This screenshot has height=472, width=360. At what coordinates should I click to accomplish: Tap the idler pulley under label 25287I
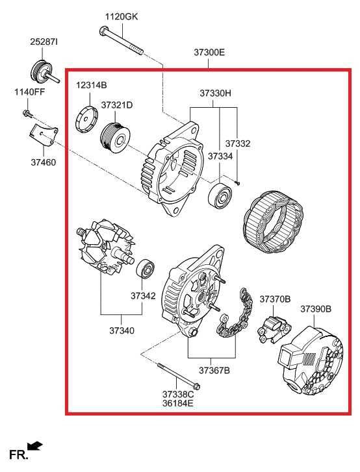(42, 71)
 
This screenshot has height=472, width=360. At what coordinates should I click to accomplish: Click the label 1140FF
(29, 92)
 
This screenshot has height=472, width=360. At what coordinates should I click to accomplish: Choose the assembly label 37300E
(209, 52)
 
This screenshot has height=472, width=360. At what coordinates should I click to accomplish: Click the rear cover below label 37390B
(311, 356)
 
